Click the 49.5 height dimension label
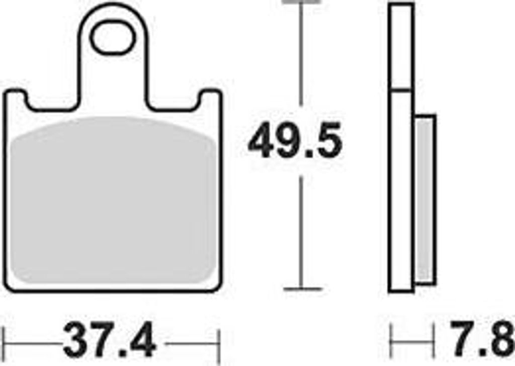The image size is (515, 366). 295,142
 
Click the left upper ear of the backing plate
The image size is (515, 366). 15,98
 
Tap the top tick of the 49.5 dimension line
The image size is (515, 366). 301,2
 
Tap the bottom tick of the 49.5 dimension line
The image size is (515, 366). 301,289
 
